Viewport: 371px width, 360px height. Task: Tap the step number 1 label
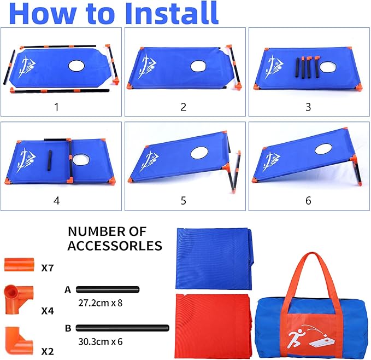[x=56, y=107]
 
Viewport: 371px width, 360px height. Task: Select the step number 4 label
[x=56, y=201]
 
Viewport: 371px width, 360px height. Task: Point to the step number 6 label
[x=308, y=201]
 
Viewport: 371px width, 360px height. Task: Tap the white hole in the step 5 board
[x=199, y=153]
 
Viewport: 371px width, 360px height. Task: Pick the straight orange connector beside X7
[x=19, y=265]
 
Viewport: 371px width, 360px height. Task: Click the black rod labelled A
[x=108, y=289]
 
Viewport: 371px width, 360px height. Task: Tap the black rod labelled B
[x=122, y=328]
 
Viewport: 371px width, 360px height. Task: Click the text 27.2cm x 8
[x=101, y=303]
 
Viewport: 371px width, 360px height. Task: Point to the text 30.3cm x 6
[x=101, y=342]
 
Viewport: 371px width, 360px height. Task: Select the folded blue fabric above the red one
[x=214, y=258]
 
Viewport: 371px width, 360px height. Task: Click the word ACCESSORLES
[x=115, y=246]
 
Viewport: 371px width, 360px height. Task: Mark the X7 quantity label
[x=48, y=268]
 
